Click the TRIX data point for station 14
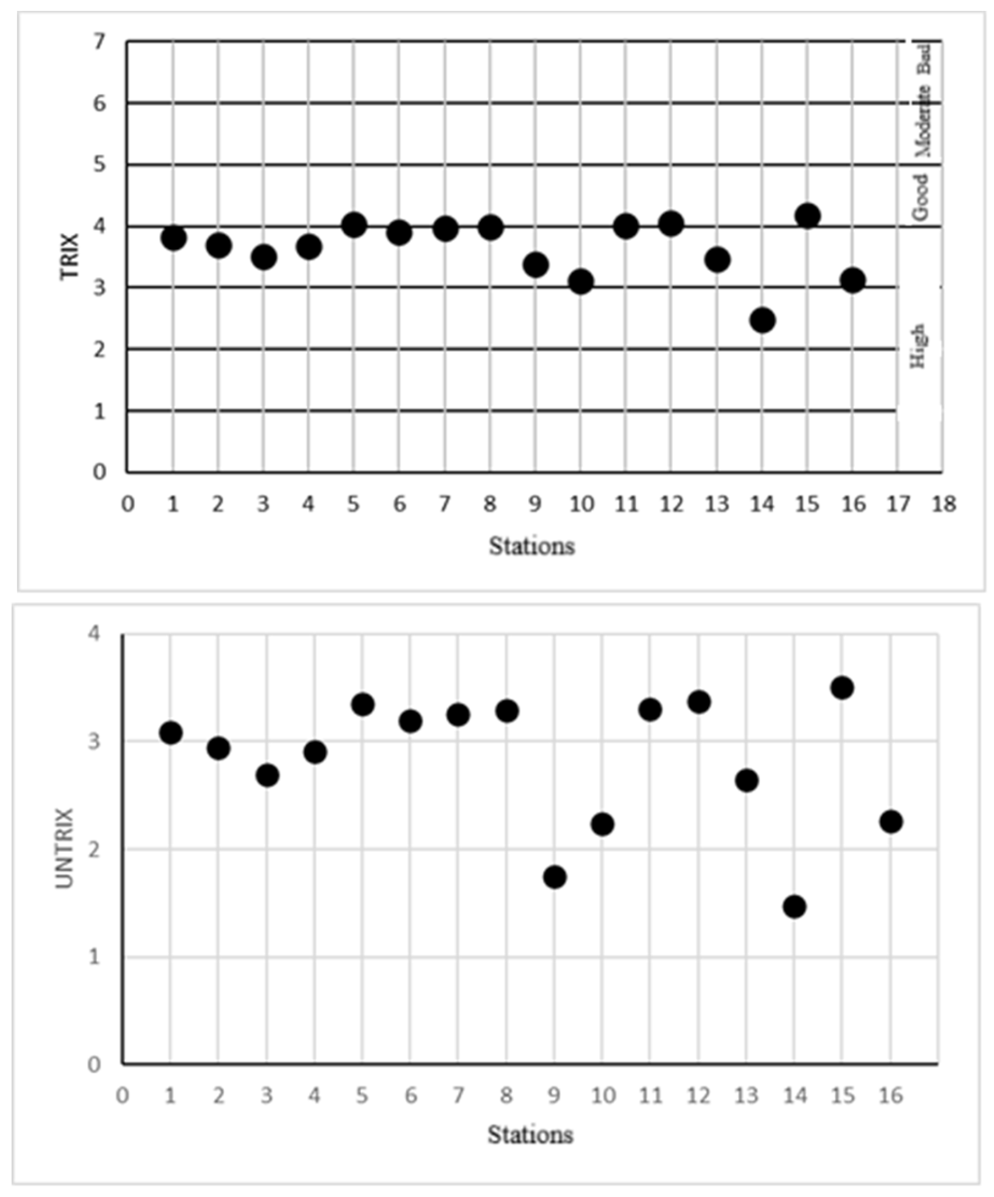762,320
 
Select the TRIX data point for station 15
807,216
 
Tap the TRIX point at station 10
581,281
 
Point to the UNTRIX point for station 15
842,687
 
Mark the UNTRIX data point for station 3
267,775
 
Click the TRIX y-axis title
70,255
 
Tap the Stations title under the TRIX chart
532,546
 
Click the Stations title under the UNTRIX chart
530,1135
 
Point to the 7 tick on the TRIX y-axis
100,42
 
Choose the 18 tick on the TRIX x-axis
944,505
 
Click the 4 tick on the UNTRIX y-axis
94,634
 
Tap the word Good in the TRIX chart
920,196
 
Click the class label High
918,346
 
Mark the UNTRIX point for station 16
890,822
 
